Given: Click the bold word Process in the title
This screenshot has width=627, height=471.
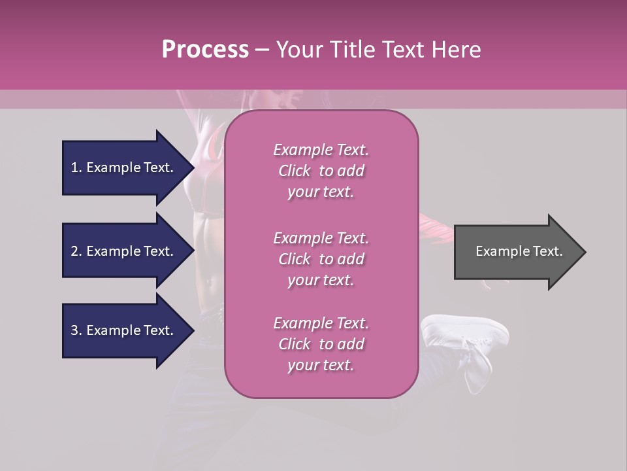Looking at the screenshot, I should point(205,50).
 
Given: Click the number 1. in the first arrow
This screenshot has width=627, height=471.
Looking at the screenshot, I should point(76,167).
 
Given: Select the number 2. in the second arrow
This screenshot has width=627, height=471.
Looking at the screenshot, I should point(76,251).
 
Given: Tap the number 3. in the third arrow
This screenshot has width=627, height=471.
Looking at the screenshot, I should point(76,330).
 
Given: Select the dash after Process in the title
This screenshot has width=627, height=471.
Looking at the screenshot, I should point(262,50).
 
